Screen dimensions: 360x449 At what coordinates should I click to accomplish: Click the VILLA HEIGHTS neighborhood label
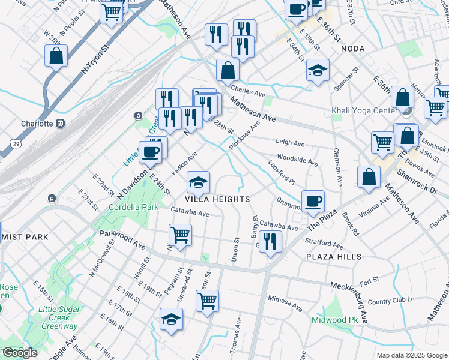(x=217, y=199)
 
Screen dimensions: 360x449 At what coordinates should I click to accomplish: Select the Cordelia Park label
(x=133, y=207)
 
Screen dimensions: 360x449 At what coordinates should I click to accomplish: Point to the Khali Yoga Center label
(x=364, y=110)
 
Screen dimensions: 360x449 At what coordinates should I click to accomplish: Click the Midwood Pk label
(x=334, y=320)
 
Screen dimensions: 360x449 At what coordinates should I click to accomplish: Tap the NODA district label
(x=353, y=48)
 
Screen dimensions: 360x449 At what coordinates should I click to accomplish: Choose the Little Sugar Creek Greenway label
(x=58, y=318)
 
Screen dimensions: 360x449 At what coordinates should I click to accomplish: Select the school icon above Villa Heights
(x=199, y=181)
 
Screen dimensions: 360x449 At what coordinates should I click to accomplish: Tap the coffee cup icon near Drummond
(x=312, y=201)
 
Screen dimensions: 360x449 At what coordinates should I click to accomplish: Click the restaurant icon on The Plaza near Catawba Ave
(x=271, y=241)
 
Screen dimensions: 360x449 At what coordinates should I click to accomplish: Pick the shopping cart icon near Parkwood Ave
(x=180, y=234)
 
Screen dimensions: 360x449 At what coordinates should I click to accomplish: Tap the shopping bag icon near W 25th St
(x=56, y=56)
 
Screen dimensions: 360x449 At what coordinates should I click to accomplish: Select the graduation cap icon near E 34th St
(x=318, y=70)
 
